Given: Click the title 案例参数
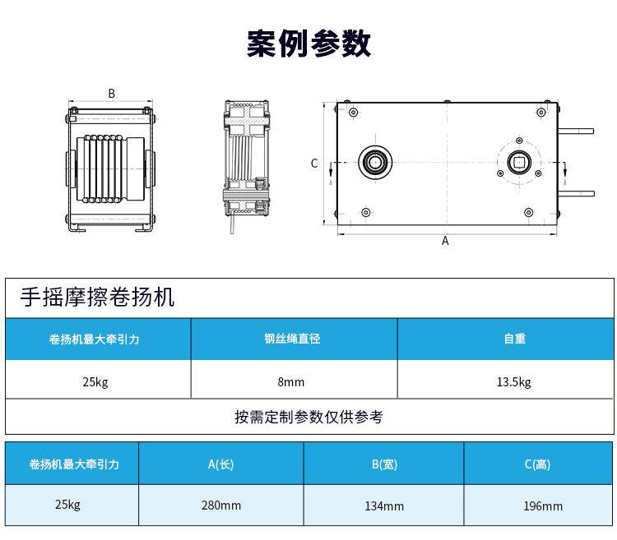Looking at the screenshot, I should pos(308,43).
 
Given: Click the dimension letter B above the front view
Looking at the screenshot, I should pos(111,94).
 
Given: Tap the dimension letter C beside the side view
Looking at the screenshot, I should pos(314,164).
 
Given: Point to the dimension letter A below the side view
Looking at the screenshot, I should pos(445,241).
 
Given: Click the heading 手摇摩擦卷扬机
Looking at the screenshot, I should pos(98,297).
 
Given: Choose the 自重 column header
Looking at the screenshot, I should pos(514,339).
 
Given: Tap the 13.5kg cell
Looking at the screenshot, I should pos(514,381).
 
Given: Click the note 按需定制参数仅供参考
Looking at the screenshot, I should pos(308,417).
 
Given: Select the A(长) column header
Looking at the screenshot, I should pos(220,464).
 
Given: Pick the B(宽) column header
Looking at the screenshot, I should pos(383,464).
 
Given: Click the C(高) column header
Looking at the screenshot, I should pos(537,464).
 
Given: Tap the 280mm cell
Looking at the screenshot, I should pos(220,505).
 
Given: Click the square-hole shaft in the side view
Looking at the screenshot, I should pos(520,162).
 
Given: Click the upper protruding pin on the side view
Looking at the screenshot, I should pos(580,130).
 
